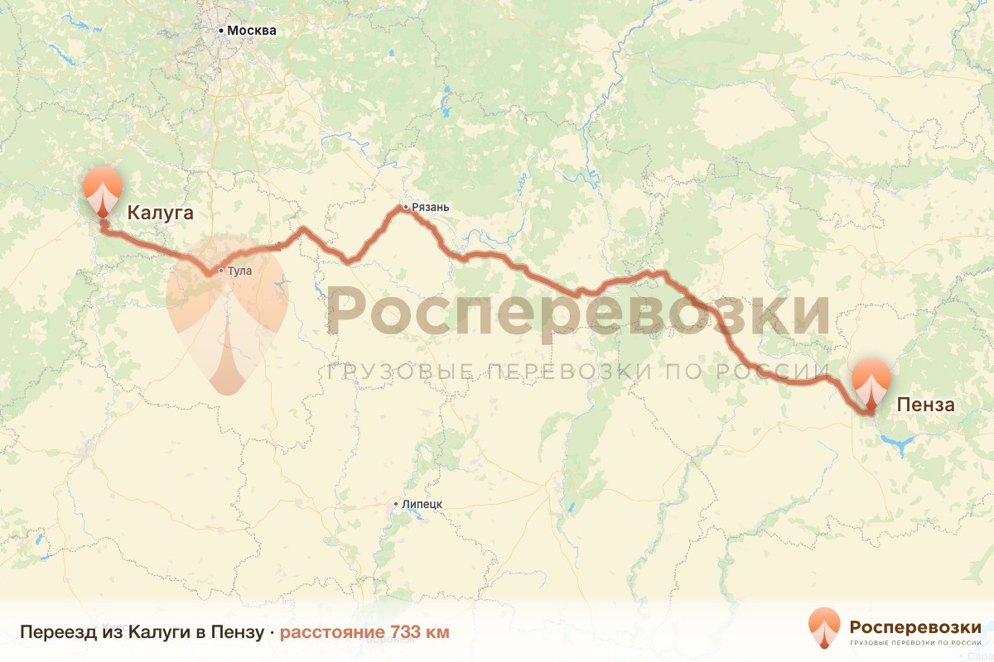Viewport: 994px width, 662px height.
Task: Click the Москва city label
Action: (252, 31)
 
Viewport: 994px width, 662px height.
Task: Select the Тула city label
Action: (239, 271)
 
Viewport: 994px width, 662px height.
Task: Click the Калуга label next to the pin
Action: (160, 214)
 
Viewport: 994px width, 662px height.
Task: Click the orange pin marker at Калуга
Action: (103, 189)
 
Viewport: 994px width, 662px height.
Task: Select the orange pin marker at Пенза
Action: (871, 382)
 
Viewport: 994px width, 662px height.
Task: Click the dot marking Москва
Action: (221, 31)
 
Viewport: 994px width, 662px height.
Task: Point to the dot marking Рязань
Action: (405, 207)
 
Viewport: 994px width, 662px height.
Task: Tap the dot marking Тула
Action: (220, 271)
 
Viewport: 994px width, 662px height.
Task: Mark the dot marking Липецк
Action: (397, 504)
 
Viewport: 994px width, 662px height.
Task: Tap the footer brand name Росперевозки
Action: (915, 625)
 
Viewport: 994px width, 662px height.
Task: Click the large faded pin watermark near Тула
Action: (226, 314)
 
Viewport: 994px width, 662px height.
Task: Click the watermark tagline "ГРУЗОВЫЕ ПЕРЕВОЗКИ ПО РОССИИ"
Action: (577, 372)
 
